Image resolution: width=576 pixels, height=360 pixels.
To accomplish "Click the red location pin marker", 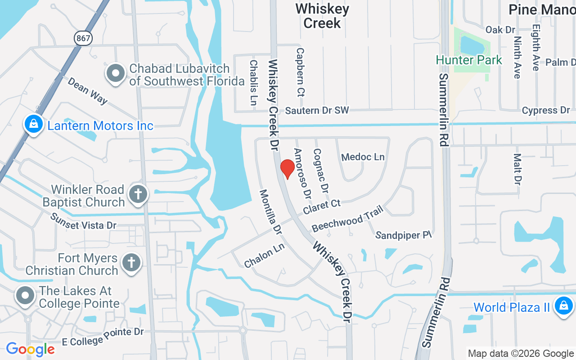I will tap(288, 168).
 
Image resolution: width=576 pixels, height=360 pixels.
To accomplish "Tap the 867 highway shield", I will tap(84, 39).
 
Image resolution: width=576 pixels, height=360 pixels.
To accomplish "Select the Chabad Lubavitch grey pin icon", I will tap(116, 73).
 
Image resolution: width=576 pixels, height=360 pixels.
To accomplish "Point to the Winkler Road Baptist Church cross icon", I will tap(138, 195).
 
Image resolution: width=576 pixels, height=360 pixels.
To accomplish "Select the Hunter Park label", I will tap(468, 60).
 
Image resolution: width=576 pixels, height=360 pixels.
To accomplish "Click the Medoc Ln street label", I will tap(363, 157).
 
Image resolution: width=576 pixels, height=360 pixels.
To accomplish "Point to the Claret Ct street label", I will tap(322, 207).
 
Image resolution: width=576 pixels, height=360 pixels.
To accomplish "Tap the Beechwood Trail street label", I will tap(347, 219).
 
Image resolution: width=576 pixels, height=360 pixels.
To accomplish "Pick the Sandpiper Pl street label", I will tap(403, 235).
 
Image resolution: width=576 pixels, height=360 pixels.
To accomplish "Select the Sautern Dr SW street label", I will tap(317, 110).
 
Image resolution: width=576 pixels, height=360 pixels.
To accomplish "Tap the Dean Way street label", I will tap(88, 90).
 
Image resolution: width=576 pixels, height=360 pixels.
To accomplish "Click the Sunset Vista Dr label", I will tap(83, 221).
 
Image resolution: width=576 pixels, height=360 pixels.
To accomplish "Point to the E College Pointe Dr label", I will tap(103, 337).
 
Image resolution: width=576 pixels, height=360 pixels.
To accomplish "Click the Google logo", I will tap(30, 349).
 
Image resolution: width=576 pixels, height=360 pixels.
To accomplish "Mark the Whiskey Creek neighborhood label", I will tap(322, 16).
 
